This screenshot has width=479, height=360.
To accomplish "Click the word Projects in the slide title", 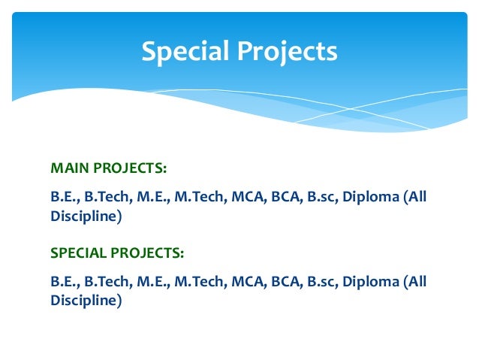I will pyautogui.click(x=289, y=53).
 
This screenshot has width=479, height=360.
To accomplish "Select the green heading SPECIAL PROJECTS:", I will pyautogui.click(x=117, y=252).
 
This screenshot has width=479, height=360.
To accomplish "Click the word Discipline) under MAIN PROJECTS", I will pyautogui.click(x=86, y=216).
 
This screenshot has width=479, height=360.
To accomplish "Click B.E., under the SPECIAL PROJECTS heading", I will pyautogui.click(x=65, y=283).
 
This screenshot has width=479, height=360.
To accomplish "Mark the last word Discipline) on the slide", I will pyautogui.click(x=86, y=301).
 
